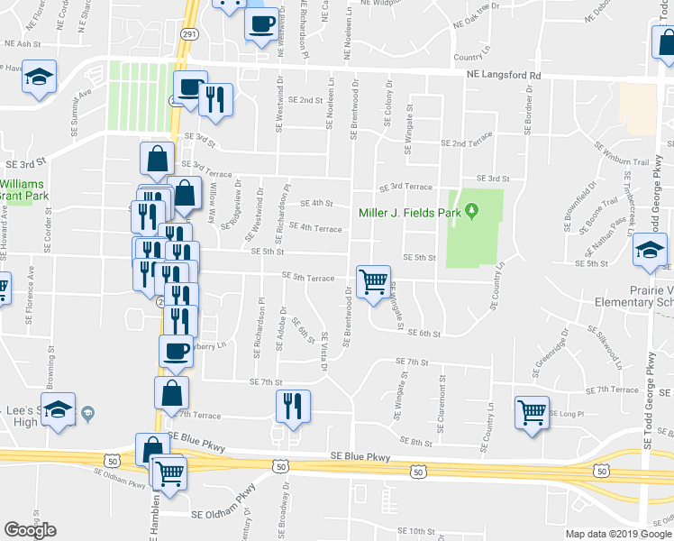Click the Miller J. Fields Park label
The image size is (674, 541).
coord(410,214)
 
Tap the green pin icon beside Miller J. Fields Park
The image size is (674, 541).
coord(471,213)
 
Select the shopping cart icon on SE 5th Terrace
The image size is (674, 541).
coord(373,282)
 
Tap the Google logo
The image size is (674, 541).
coord(30,530)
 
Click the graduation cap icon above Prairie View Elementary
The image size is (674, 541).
coord(650,252)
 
